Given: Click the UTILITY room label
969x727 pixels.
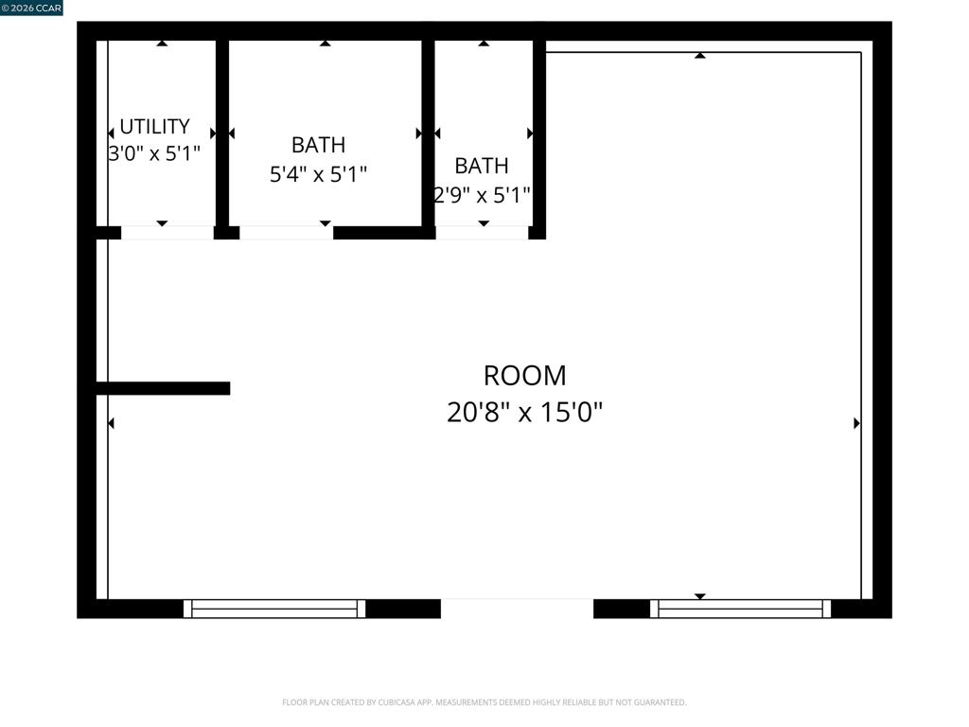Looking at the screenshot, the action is coord(154,126).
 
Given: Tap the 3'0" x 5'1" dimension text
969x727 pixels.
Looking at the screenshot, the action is coord(154,152).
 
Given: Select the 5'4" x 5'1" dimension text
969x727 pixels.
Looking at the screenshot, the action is coord(318,174).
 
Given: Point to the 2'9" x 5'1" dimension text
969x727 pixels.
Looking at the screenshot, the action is coord(482,195).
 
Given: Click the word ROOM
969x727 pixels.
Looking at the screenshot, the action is coord(524,375).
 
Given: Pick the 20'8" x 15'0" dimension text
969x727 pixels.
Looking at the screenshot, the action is coord(524,412).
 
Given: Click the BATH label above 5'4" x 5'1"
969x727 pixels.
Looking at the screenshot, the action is coord(318,145).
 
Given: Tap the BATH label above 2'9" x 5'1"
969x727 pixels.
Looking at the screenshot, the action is coord(482,166).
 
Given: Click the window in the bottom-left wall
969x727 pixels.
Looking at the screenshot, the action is coord(274,609).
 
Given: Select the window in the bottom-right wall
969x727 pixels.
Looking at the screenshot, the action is coord(740,609).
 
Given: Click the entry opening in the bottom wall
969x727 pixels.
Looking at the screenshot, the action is coord(518,609).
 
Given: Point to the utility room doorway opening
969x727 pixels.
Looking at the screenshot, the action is coord(167,233).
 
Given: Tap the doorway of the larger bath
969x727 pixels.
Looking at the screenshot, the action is coord(286,233).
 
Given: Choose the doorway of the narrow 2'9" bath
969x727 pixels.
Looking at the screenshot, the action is coord(482,233).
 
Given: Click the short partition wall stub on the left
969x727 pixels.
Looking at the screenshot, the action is coord(163,388).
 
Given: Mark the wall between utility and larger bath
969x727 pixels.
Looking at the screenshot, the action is coord(222,133).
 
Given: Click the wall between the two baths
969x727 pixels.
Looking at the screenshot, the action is coord(429,133).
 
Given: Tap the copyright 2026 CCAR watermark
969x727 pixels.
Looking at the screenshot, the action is coord(31,8).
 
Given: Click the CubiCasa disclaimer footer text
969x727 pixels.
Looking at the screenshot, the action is coord(484,702).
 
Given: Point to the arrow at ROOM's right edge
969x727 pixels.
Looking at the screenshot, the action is coord(856,423).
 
